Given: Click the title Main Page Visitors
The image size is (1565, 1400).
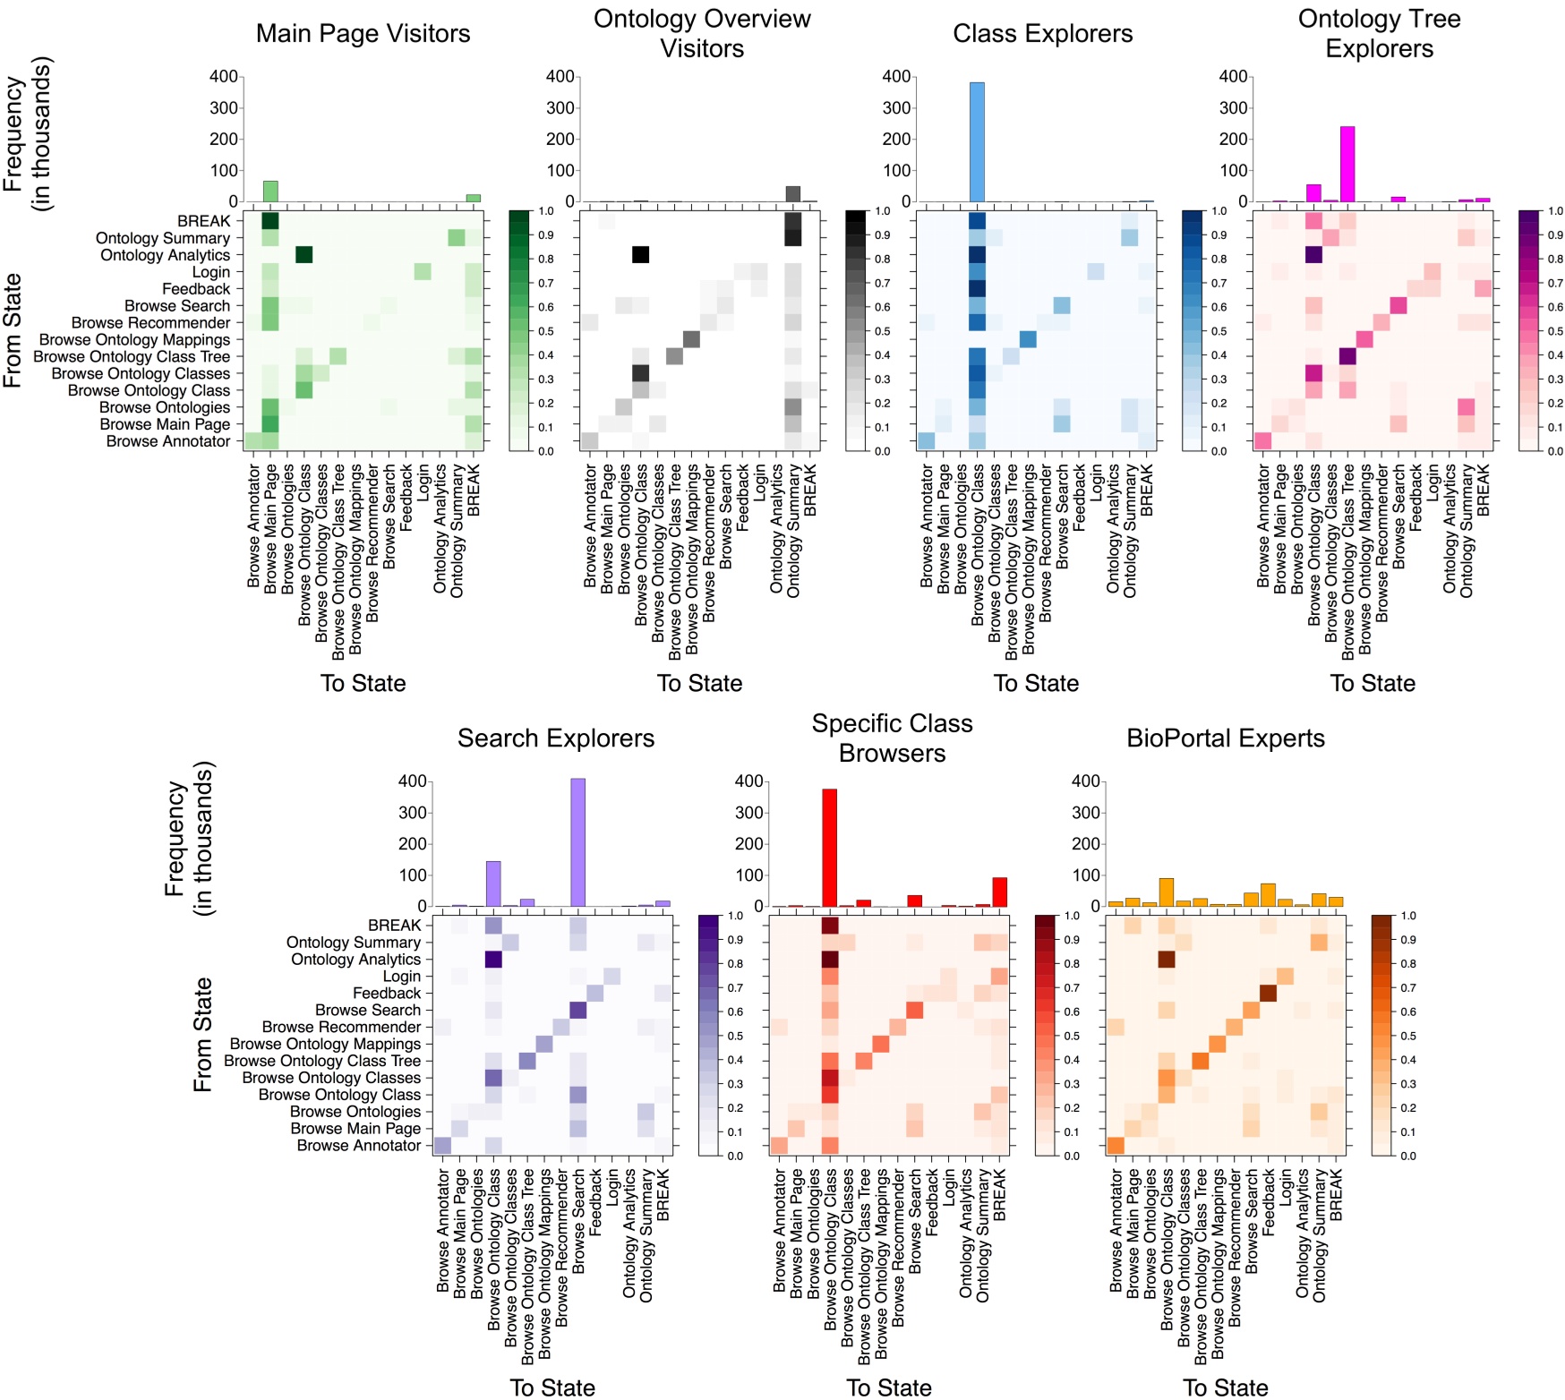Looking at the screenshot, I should [x=363, y=34].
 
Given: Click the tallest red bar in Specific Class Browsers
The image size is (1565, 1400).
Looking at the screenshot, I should [x=830, y=847].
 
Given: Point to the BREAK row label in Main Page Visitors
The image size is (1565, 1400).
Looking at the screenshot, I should [x=203, y=221].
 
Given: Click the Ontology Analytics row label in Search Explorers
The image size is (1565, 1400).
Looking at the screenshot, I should [x=355, y=960].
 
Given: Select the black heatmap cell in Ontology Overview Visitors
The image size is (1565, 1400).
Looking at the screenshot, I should [x=640, y=254].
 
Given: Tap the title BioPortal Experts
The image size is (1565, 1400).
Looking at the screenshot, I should [x=1225, y=738].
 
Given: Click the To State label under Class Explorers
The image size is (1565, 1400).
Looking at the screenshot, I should [x=1036, y=683].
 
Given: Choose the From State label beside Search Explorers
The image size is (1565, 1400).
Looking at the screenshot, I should [x=203, y=1034].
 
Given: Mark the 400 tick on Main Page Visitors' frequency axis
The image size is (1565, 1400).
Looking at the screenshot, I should [x=224, y=77].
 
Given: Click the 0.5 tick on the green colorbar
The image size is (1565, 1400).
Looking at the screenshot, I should [x=545, y=331].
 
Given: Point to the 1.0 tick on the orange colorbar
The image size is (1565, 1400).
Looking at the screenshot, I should [x=1408, y=916].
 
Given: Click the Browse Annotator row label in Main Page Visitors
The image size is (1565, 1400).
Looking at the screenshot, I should [x=168, y=441].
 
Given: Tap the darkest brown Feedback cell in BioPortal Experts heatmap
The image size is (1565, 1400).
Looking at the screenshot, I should [x=1268, y=993].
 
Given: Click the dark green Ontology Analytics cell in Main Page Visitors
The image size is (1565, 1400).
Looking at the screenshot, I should [x=304, y=255].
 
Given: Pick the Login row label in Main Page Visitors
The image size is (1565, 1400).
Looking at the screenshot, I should [x=211, y=272].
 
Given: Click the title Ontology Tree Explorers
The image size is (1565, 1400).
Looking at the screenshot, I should [x=1379, y=34].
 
